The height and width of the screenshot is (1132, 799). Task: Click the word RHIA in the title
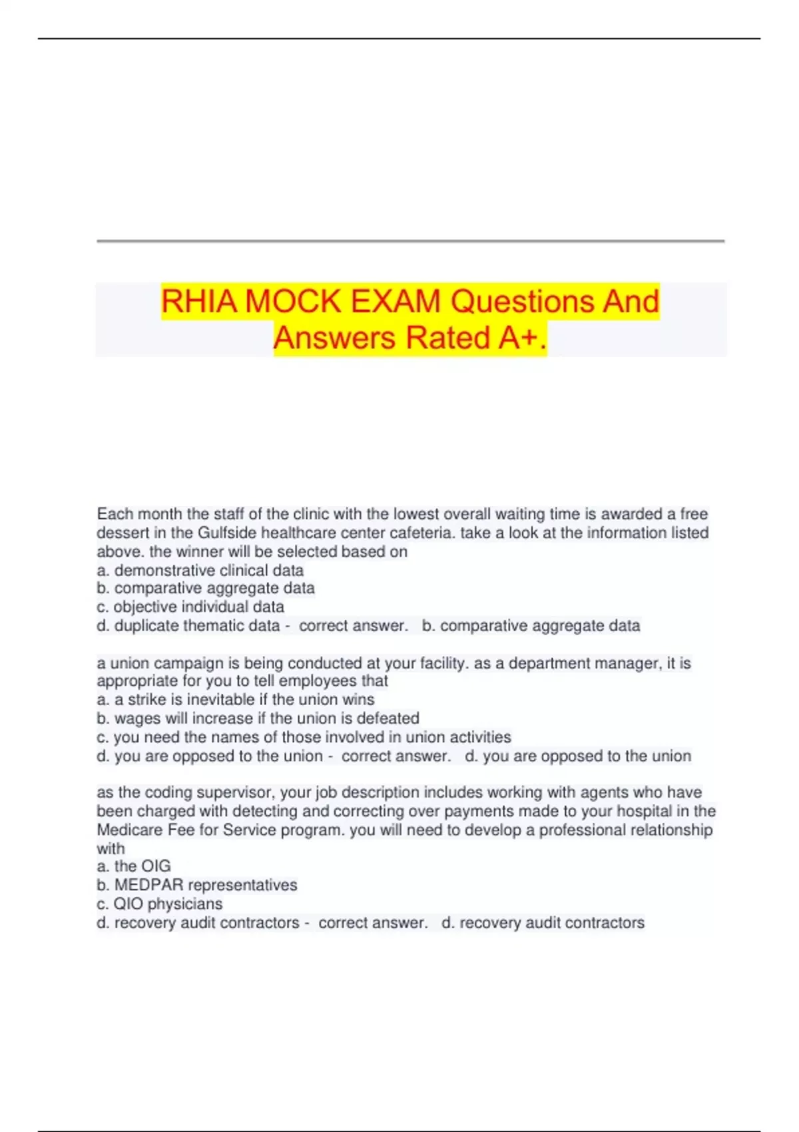coord(199,302)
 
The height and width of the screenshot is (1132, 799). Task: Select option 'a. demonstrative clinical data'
coord(200,571)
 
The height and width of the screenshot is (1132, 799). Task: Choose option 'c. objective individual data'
coord(190,607)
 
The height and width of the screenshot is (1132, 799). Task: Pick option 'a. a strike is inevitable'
coord(236,700)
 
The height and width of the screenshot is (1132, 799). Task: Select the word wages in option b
coord(135,718)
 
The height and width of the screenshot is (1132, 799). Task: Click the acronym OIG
coord(156,866)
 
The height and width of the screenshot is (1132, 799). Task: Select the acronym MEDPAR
coord(148,885)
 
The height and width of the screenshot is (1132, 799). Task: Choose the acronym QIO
coord(128,904)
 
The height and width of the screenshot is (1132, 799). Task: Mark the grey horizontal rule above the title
coord(410,241)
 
